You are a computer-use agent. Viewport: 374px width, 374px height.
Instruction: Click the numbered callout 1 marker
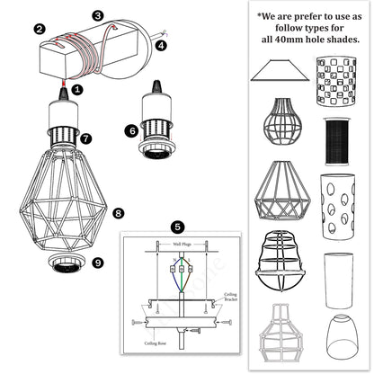77,90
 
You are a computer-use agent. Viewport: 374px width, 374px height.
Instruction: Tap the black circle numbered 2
40,30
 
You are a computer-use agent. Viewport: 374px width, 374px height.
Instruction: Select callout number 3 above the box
98,16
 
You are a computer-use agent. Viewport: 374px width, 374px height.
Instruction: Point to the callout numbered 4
160,43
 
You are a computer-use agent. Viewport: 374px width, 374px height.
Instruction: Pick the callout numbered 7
85,138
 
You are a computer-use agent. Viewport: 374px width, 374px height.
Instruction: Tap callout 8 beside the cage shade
118,213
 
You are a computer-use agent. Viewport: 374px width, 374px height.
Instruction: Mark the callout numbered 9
98,263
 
